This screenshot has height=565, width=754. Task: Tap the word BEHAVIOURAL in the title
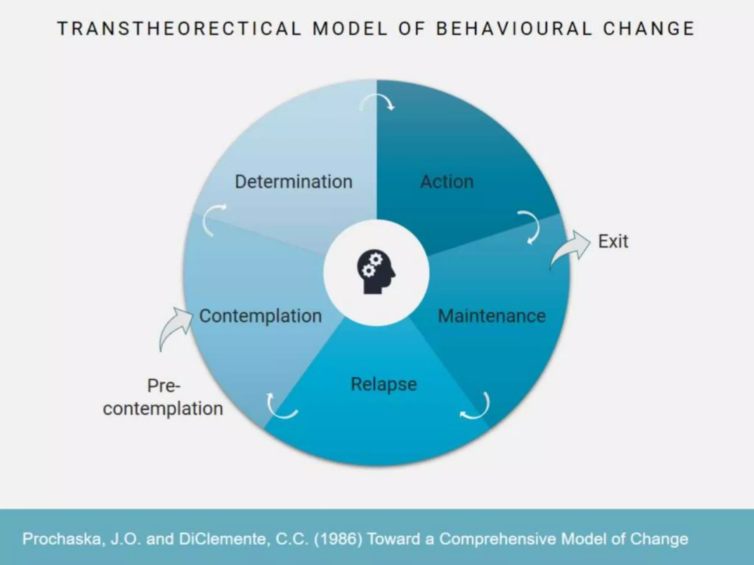pos(514,29)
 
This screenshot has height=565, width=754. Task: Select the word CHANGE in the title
pos(649,29)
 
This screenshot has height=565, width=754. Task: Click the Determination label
pos(293,182)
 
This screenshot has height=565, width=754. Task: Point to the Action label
pos(447,182)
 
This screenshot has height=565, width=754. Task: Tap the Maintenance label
pos(491,316)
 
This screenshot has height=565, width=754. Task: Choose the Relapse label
pos(384,384)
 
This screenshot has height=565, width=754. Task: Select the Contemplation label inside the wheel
pos(260,316)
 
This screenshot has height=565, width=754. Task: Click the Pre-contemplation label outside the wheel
pos(163,397)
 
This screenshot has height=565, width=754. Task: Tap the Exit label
pos(613,242)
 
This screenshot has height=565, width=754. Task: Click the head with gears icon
pos(376,272)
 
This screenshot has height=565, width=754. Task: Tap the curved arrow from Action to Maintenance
pos(530,227)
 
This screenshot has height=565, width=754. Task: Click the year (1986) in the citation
pos(338,539)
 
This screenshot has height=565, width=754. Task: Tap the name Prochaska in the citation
pos(61,539)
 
